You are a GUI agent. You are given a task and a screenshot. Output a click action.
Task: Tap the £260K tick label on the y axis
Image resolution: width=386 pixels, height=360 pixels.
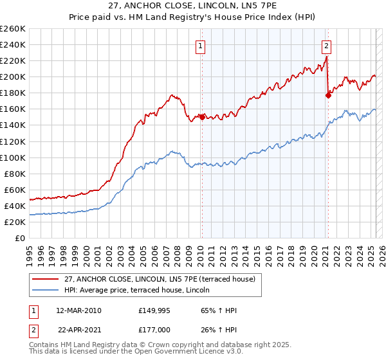(12, 29)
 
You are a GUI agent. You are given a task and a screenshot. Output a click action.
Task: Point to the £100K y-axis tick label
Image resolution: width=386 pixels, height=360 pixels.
(12, 157)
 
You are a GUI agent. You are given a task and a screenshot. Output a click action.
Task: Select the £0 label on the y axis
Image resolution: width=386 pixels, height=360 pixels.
(19, 238)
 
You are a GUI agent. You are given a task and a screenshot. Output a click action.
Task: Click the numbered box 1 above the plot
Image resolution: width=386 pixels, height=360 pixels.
(201, 46)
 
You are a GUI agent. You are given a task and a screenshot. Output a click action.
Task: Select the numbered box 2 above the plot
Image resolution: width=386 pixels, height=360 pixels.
(327, 46)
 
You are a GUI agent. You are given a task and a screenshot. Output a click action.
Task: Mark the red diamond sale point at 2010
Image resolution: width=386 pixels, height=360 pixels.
(201, 117)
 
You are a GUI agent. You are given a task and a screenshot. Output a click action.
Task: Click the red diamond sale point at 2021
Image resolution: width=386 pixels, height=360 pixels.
(328, 95)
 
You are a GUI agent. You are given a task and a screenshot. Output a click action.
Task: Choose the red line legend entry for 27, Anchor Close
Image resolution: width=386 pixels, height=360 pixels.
(160, 279)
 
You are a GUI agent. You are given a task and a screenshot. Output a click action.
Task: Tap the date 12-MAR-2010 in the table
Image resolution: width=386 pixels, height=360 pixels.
(79, 310)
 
